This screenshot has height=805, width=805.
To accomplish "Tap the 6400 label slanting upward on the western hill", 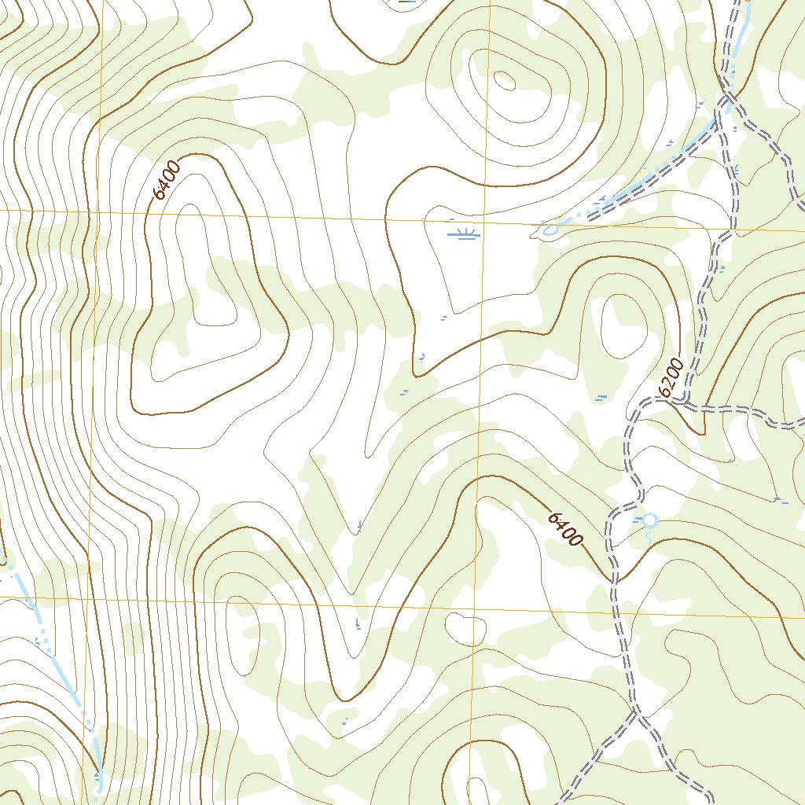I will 167,180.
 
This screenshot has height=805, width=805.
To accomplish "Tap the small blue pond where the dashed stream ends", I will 550,230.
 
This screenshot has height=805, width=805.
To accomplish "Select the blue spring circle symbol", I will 649,520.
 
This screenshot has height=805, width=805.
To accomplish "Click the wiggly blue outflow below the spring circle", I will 649,533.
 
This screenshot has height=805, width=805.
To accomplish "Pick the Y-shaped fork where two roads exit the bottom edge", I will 636,713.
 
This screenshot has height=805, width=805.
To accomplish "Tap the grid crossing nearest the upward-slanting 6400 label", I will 97,211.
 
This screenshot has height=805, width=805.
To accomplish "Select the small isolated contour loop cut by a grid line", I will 466,627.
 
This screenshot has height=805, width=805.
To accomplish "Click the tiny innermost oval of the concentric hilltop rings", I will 504,79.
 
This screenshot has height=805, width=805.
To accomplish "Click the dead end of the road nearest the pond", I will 591,213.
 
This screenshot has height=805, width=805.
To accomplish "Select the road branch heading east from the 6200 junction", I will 747,411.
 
